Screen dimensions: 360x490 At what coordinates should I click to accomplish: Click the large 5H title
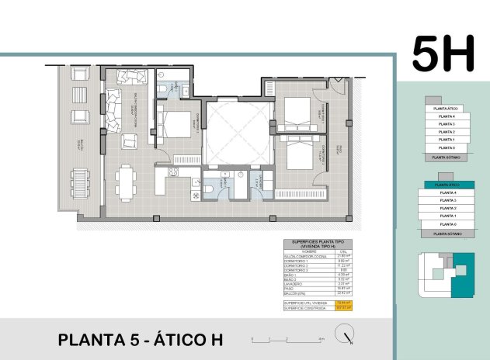pyautogui.click(x=443, y=53)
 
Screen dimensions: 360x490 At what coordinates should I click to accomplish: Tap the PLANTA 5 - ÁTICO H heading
pyautogui.click(x=141, y=339)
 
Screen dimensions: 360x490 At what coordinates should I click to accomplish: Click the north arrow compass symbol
pyautogui.click(x=344, y=335)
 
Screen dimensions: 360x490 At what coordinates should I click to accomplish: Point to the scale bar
pyautogui.click(x=287, y=339)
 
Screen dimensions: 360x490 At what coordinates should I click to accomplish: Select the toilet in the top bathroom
pyautogui.click(x=160, y=91)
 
